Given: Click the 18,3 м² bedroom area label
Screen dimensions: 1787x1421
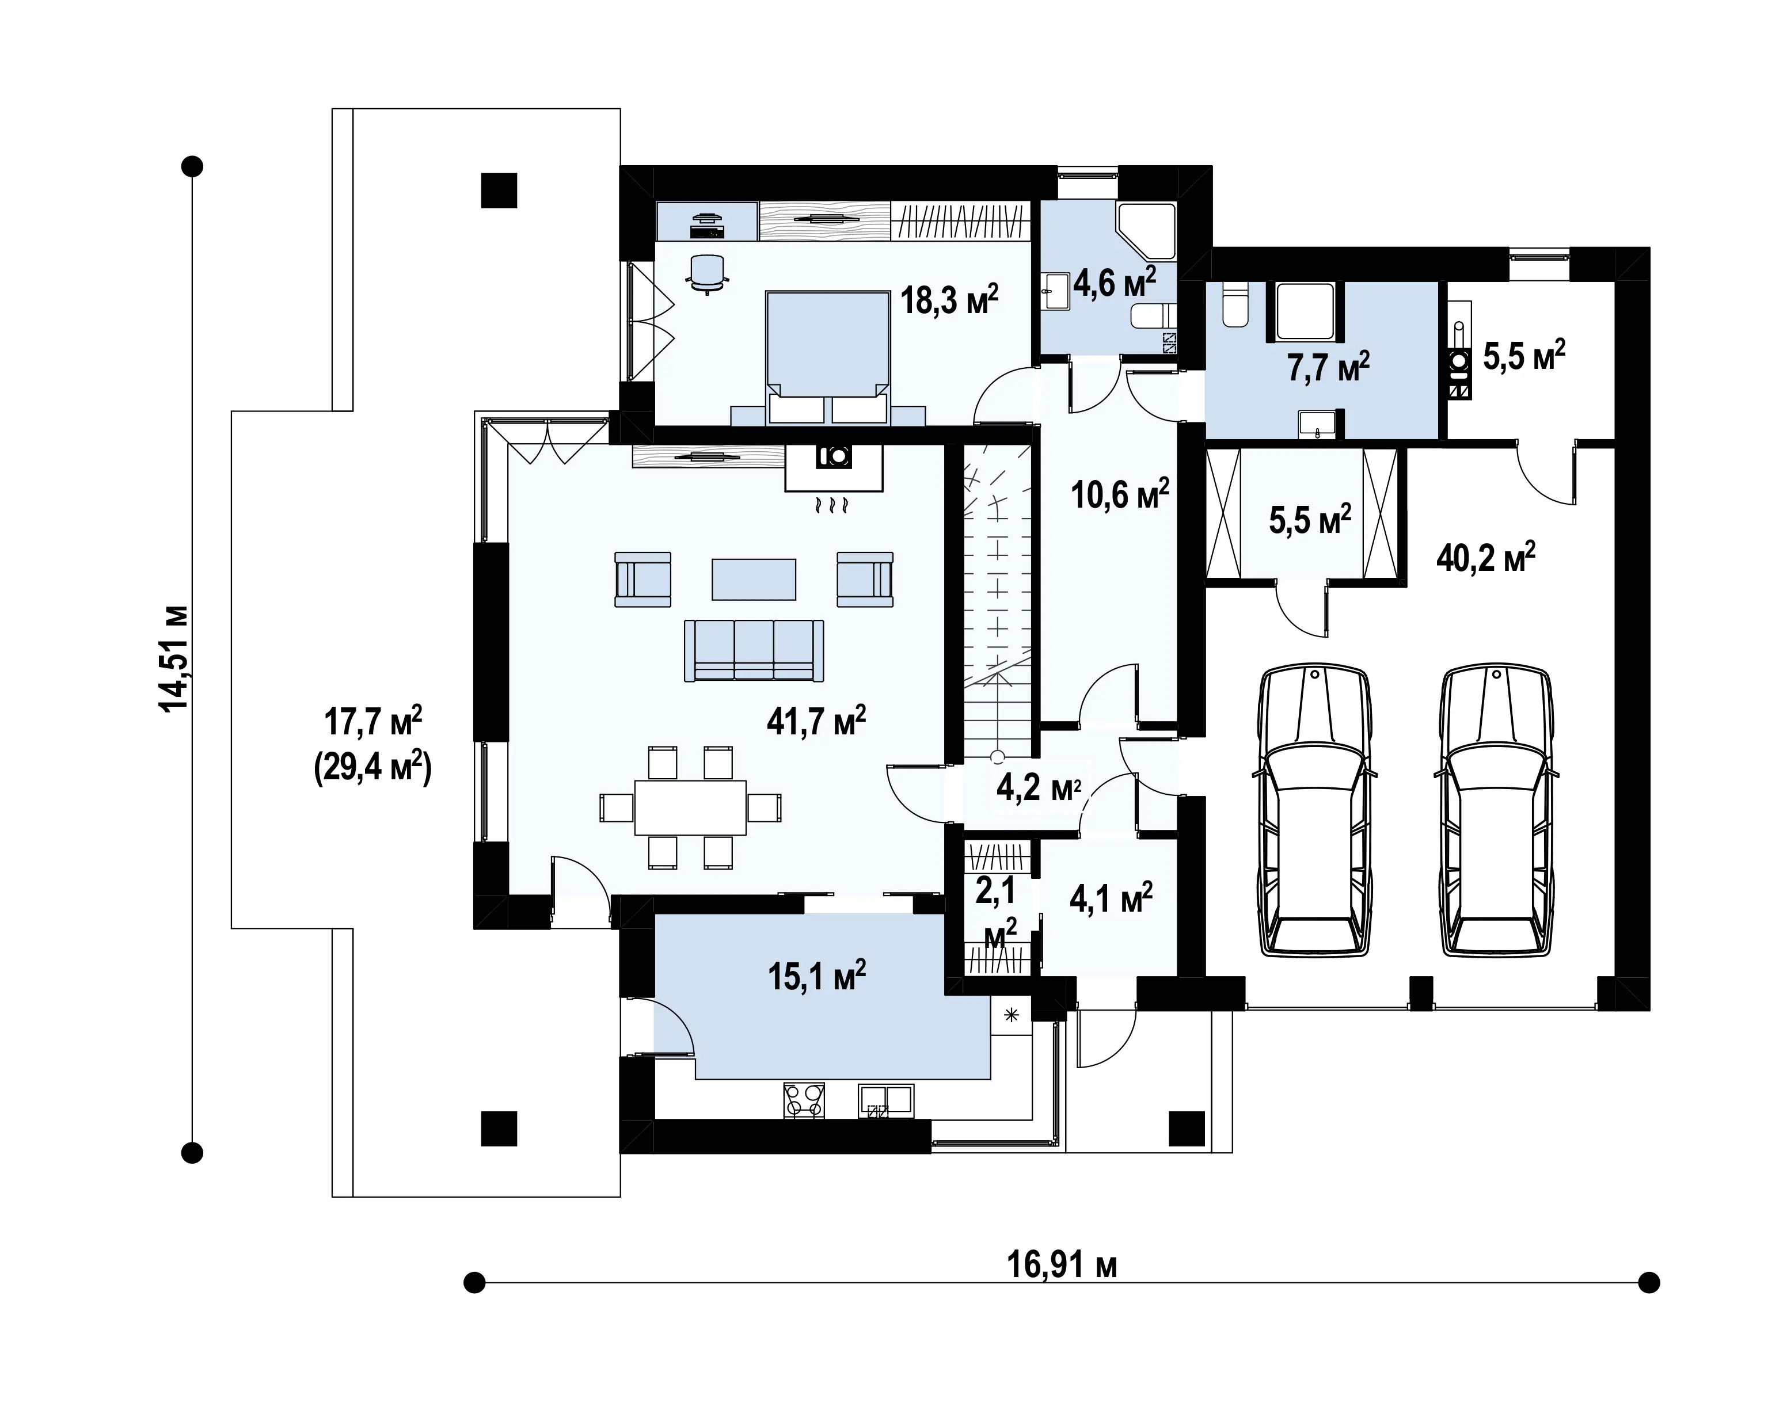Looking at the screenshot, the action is (x=949, y=299).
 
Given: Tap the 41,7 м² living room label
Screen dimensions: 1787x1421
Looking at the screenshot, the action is (x=816, y=721).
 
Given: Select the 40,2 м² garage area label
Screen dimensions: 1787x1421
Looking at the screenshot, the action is (x=1485, y=558).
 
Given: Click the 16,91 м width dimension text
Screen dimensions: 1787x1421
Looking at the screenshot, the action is (x=1062, y=1265).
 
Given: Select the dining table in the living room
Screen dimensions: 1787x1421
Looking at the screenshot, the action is (x=690, y=807).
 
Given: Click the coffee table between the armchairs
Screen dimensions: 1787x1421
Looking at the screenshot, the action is (x=754, y=579).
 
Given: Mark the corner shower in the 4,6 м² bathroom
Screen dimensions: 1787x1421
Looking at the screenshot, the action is (x=1146, y=230).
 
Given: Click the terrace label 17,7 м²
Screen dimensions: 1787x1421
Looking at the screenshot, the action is (x=373, y=721).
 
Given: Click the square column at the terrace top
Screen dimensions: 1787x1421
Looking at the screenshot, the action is (x=499, y=190).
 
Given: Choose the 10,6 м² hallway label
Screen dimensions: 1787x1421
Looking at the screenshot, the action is (x=1120, y=494).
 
